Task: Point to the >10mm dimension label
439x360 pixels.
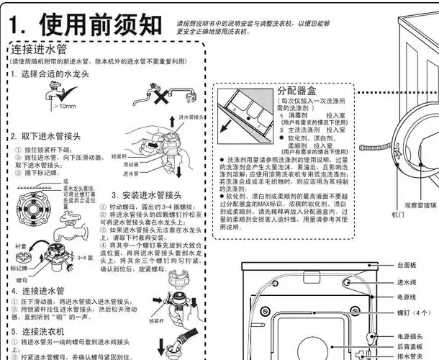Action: pyautogui.click(x=63, y=106)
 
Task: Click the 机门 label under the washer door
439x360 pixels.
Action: pyautogui.click(x=397, y=214)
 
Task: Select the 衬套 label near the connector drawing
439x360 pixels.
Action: pyautogui.click(x=20, y=246)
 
